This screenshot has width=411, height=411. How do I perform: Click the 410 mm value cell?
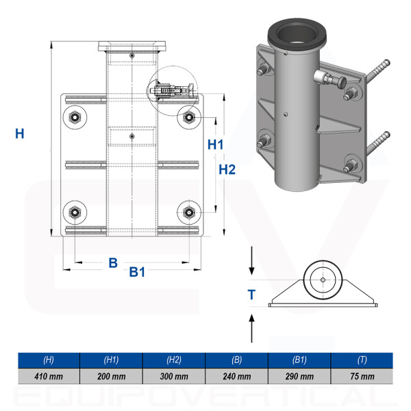pos(49,376)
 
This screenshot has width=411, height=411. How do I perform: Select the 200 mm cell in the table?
pos(112,376)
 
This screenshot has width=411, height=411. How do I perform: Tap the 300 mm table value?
pos(174,376)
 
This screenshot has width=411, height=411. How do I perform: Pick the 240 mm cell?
pos(237,376)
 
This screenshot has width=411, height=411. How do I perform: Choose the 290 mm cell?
pos(299,376)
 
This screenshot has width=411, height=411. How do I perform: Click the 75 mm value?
pos(362,376)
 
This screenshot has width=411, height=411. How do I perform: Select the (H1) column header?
pos(112,360)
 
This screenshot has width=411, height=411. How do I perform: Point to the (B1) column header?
pos(299,360)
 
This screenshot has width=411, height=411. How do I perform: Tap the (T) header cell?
pos(362,360)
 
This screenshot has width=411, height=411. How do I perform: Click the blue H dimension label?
pos(20,134)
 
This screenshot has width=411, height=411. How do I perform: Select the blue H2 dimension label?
pos(227,170)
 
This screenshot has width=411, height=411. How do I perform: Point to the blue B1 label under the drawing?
pos(137,272)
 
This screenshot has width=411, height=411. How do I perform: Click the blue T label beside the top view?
pos(251,295)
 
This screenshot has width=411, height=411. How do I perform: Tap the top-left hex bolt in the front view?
pos(75,117)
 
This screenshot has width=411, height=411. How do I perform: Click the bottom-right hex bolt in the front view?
pos(189,212)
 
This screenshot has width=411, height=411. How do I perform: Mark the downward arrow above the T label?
pos(251,260)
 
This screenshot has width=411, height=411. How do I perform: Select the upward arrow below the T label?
pos(251,328)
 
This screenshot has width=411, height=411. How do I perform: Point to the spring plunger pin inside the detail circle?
pos(172,90)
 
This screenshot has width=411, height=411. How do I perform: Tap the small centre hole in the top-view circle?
pos(323,280)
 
